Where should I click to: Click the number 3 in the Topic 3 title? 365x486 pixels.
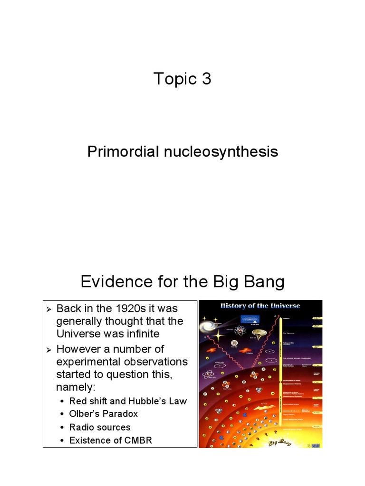[205, 79]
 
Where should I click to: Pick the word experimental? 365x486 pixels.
[89, 362]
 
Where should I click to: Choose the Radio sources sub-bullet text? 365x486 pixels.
[100, 427]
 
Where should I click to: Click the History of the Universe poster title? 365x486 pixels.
[259, 306]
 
